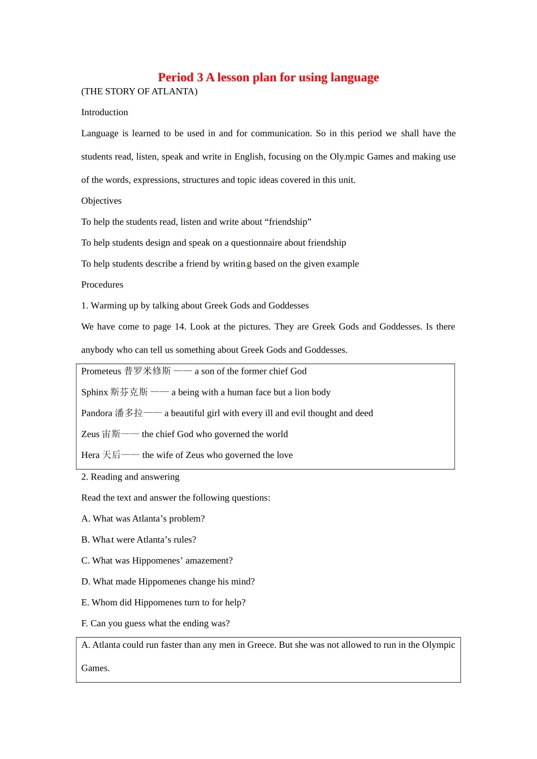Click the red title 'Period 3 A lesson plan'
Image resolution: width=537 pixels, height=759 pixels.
(268, 77)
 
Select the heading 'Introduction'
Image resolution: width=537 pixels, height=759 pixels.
(105, 112)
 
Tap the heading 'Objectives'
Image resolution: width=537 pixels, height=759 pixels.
(101, 201)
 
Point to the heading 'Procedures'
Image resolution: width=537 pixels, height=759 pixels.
(102, 285)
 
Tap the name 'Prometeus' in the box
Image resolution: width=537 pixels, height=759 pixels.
(101, 371)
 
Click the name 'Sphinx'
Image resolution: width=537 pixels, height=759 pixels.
(94, 392)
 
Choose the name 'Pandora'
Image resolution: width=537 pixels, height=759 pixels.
(97, 413)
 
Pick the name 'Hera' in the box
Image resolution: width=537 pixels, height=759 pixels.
(90, 455)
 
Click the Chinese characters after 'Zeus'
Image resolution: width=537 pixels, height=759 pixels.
(111, 434)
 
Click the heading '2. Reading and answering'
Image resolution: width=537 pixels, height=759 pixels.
(130, 477)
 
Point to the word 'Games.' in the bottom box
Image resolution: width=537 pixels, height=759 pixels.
(96, 668)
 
